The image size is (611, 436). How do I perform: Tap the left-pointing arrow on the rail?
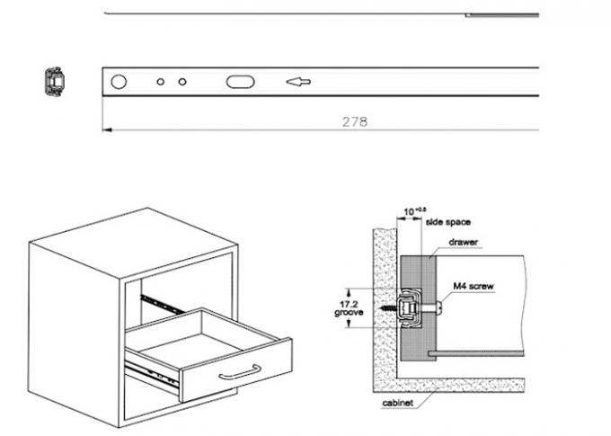click(x=297, y=82)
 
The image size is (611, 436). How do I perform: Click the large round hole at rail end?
click(x=119, y=82)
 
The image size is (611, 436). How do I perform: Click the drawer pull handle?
click(x=241, y=370)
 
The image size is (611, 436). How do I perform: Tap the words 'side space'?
click(x=448, y=221)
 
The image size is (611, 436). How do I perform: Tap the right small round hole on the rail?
click(x=182, y=82)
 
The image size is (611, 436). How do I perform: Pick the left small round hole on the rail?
click(x=160, y=82)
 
